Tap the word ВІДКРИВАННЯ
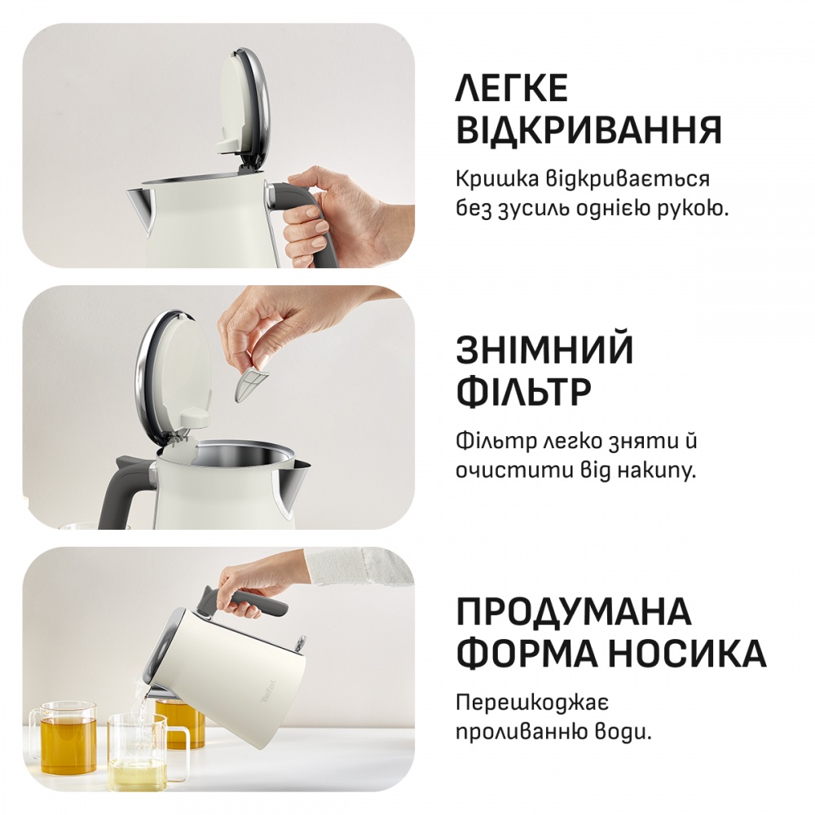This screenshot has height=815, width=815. pos(588,130)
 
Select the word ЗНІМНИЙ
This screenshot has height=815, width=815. pos(544,350)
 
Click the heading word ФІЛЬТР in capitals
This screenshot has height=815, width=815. pos(523,392)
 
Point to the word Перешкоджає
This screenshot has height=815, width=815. pos(533,702)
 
